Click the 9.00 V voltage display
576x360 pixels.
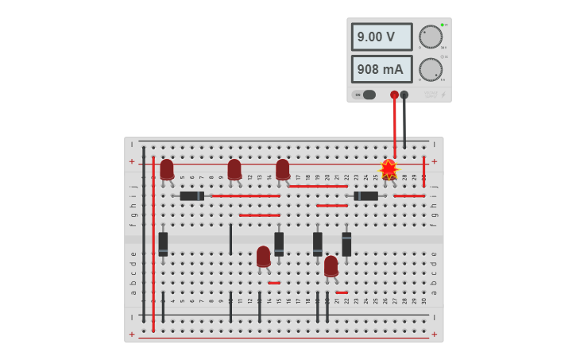coord(381,37)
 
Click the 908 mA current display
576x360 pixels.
coord(381,69)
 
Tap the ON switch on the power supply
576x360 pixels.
coord(365,95)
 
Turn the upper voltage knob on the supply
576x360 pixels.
coord(431,37)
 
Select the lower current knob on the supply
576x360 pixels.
coord(431,69)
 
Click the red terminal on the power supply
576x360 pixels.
coord(394,95)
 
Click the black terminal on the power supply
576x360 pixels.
coord(404,95)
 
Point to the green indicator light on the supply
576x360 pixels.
coord(442,25)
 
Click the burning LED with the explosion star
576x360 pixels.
coord(389,168)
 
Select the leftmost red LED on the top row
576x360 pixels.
coord(167,169)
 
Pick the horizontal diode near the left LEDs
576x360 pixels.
coord(191,195)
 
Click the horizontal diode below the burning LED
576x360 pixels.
coord(366,195)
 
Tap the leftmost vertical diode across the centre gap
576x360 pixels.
coord(163,243)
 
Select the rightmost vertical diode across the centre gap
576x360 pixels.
coord(346,243)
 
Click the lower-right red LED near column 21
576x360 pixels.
coord(331,265)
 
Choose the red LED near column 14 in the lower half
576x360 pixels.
coord(263,256)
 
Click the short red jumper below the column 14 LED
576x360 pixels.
coord(274,283)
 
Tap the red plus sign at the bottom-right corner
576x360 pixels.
coord(434,335)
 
